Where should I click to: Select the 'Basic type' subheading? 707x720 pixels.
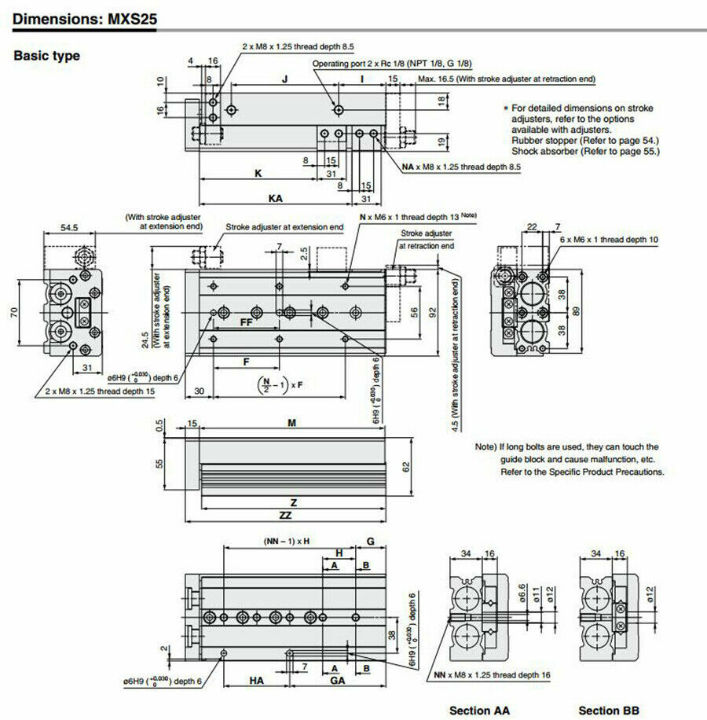[x=46, y=56]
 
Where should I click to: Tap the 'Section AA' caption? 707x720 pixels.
[x=479, y=710]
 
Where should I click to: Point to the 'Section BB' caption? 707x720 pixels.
[x=609, y=710]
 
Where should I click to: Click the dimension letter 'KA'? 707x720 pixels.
[x=276, y=199]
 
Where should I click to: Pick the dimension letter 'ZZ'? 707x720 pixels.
[x=293, y=515]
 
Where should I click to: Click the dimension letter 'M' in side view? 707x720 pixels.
[x=292, y=423]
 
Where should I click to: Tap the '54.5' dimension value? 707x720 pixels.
[x=70, y=228]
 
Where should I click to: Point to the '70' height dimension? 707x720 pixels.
[x=13, y=312]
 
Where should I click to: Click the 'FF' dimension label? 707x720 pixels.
[x=246, y=322]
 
